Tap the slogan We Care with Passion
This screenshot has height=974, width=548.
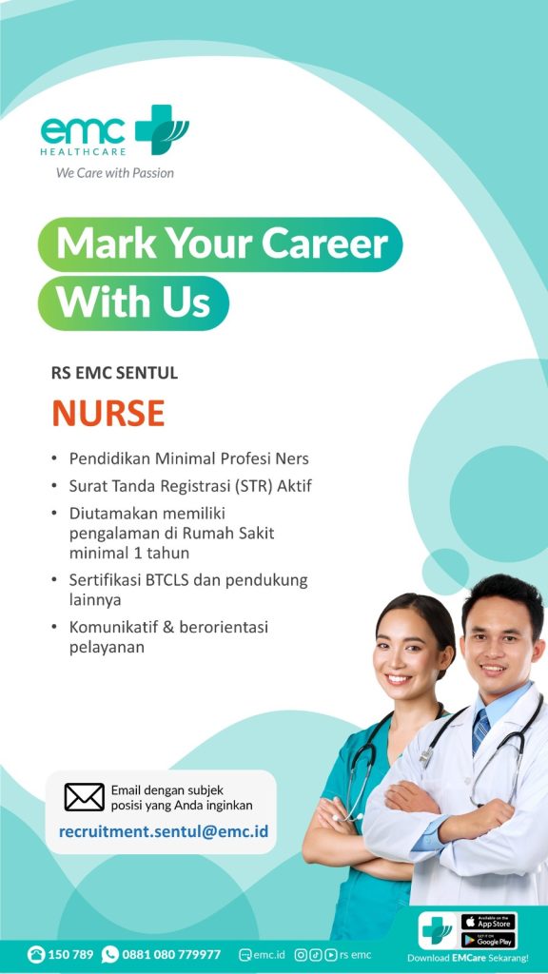pos(115,173)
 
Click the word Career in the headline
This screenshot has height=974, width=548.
pos(325,243)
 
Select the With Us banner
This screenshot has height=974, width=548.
pos(133,303)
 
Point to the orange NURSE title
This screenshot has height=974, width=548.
pos(108,413)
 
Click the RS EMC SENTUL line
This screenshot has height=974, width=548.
pos(114,373)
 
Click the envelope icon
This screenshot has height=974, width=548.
pos(84,797)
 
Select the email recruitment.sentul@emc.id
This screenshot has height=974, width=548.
pos(164,831)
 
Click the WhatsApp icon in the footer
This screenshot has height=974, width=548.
pos(110,954)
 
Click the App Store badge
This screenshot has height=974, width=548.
pos(488,922)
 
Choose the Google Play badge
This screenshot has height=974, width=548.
pos(488,941)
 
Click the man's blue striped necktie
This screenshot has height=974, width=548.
pos(480,730)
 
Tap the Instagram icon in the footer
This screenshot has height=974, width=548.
pos(301,955)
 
